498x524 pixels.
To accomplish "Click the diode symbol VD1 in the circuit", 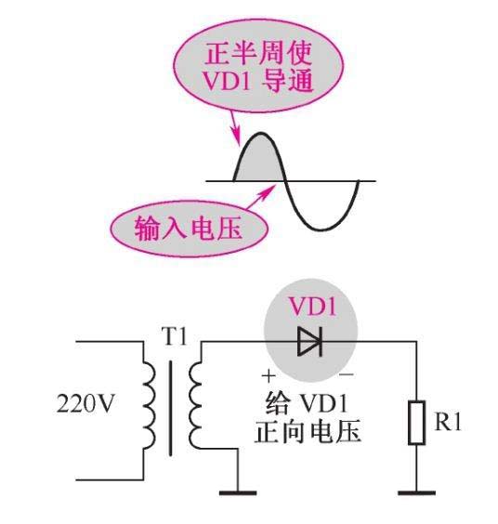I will coord(309,342).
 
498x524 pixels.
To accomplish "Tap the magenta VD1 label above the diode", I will coord(310,305).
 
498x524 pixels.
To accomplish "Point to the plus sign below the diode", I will coord(270,376).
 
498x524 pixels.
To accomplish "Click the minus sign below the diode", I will coord(347,376).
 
